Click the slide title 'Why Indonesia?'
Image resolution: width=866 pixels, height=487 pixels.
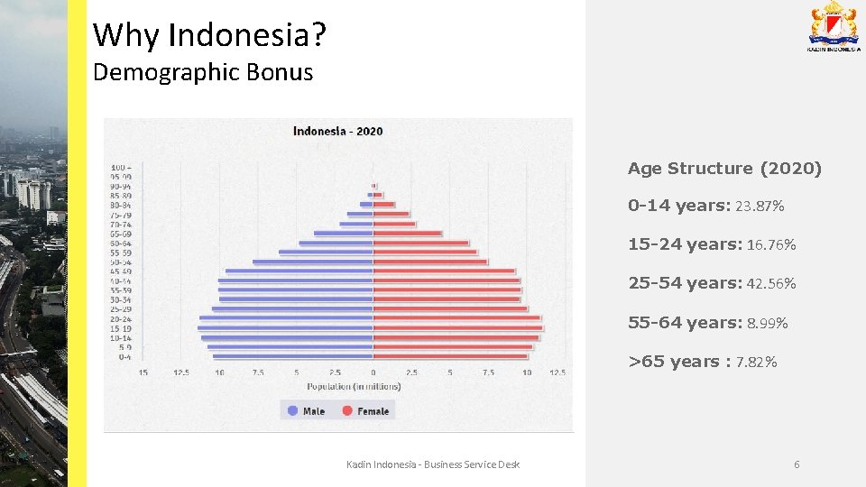tap(209, 35)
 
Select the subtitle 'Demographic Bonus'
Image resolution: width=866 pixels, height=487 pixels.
tap(203, 73)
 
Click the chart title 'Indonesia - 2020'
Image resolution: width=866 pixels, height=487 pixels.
tap(337, 131)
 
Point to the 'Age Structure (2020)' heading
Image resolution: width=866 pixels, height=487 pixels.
tap(724, 169)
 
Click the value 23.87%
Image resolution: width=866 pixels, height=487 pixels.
tap(760, 207)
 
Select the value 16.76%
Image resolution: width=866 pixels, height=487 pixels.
tap(771, 245)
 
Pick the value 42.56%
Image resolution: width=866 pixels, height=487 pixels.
tap(771, 284)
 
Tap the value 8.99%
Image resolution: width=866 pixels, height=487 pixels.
tap(768, 323)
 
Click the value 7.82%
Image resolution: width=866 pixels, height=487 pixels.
tap(756, 363)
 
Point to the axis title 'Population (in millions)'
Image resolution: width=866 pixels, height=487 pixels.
tap(354, 386)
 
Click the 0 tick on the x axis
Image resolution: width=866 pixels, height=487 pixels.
tap(373, 372)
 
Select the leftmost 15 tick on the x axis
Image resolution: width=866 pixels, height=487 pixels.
tap(143, 372)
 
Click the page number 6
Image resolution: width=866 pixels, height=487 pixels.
tap(797, 464)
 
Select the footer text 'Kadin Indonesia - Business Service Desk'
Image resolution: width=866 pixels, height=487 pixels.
tap(433, 464)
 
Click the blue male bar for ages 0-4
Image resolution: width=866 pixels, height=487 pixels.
tap(293, 356)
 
